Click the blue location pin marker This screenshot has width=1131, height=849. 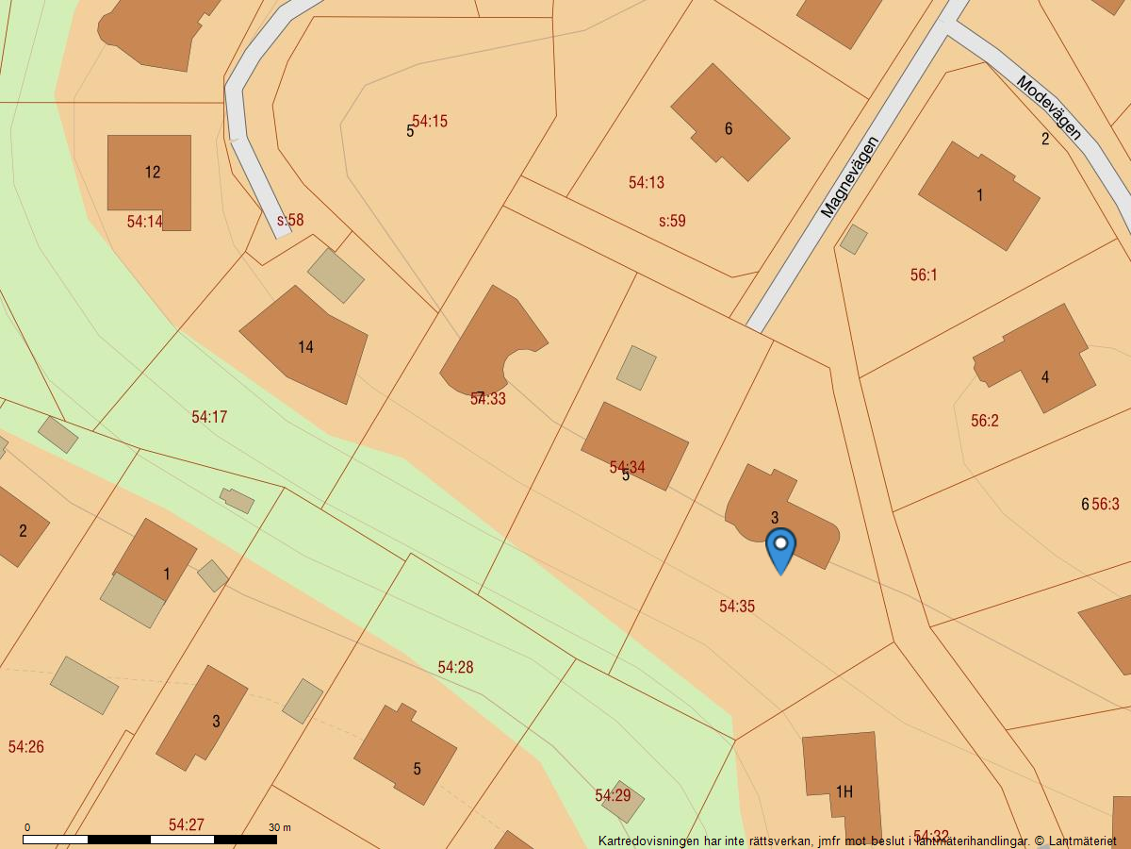(780, 549)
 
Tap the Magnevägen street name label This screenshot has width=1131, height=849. (849, 177)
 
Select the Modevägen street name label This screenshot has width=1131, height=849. (1049, 108)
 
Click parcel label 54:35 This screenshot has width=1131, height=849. (737, 607)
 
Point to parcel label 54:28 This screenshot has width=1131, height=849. (455, 667)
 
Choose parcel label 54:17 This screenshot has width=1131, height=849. (209, 417)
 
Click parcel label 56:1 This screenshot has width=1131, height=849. (924, 275)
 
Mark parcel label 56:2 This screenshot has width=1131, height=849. (985, 421)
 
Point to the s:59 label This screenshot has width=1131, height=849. (672, 222)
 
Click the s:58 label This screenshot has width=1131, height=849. (290, 221)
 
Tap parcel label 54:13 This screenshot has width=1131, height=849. (647, 183)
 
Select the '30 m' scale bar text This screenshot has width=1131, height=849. (279, 827)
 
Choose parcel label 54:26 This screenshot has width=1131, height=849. (26, 747)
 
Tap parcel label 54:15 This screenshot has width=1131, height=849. (430, 122)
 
